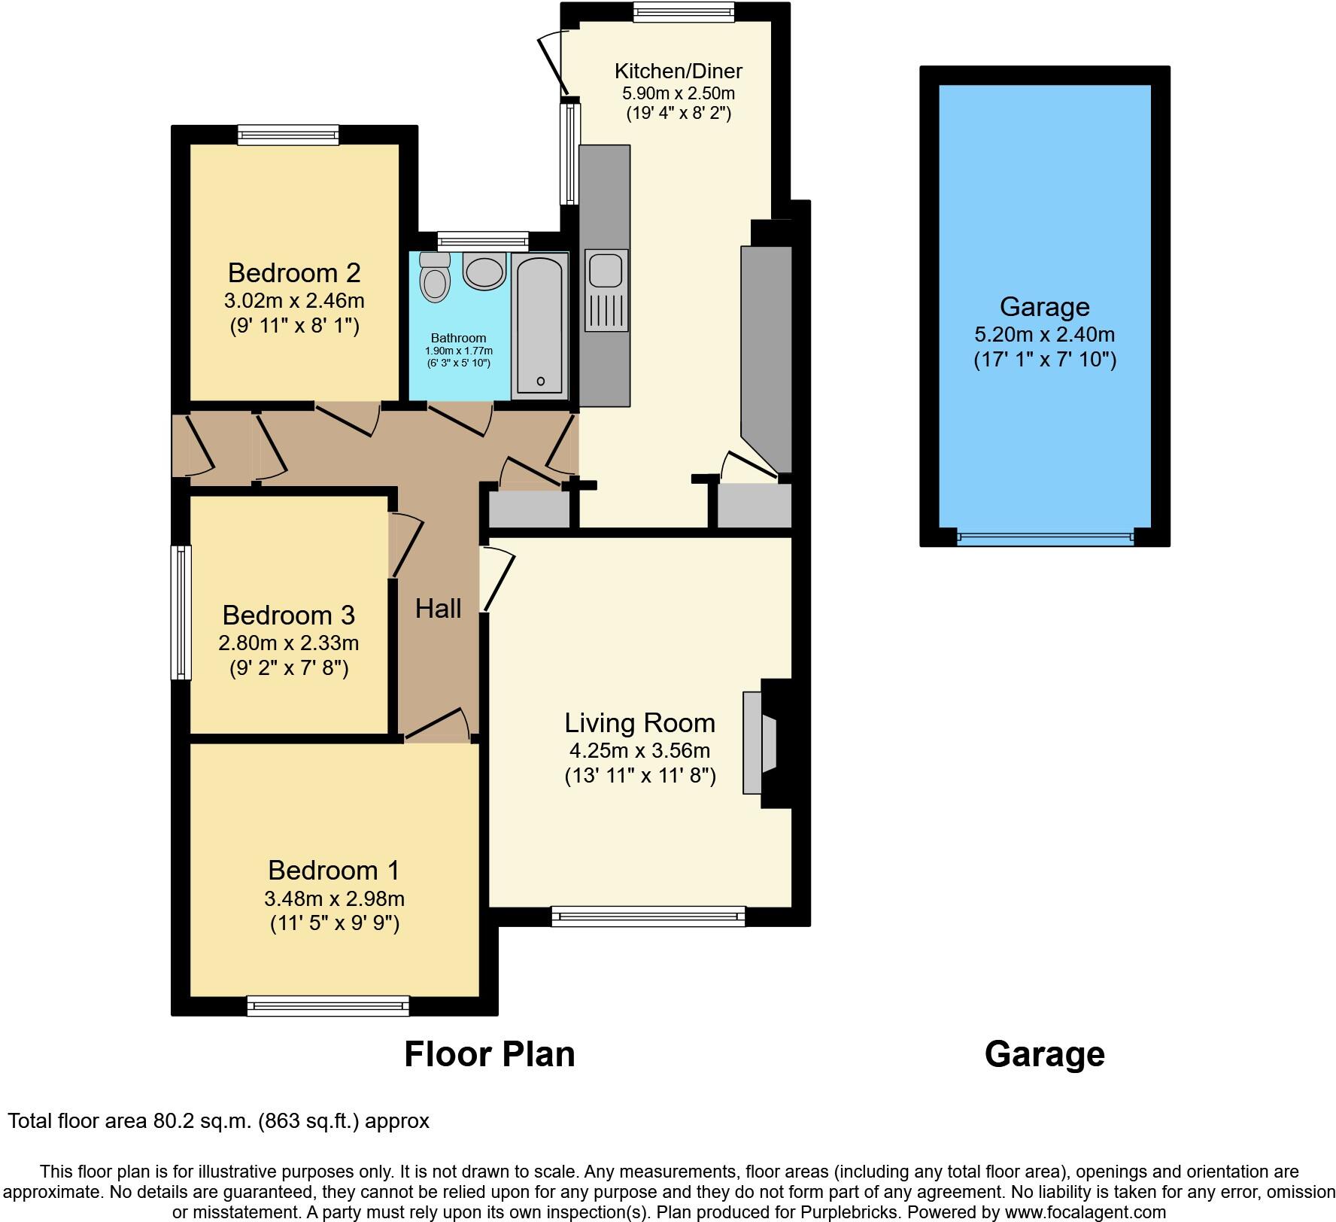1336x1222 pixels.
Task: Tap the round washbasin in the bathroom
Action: pyautogui.click(x=484, y=271)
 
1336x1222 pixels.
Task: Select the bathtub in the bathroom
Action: pyautogui.click(x=540, y=325)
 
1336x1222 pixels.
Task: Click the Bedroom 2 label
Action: pyautogui.click(x=294, y=272)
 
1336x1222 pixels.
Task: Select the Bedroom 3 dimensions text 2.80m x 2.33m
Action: pyautogui.click(x=288, y=643)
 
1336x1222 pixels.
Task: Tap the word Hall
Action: pyautogui.click(x=438, y=609)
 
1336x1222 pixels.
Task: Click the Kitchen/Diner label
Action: pyautogui.click(x=678, y=71)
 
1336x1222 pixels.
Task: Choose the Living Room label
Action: pyautogui.click(x=639, y=723)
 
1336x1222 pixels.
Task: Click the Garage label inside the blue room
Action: pyautogui.click(x=1044, y=307)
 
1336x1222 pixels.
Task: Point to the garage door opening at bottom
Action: pyautogui.click(x=1044, y=537)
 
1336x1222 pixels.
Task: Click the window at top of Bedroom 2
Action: pyautogui.click(x=288, y=135)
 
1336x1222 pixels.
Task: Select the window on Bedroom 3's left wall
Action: pyautogui.click(x=181, y=612)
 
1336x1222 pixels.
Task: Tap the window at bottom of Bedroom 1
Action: pyautogui.click(x=328, y=1005)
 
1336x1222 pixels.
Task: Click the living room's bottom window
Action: pyautogui.click(x=648, y=916)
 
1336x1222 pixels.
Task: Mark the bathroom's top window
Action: pyautogui.click(x=483, y=241)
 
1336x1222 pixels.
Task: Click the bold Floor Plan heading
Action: pyautogui.click(x=490, y=1054)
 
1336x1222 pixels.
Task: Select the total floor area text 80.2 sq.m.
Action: pyautogui.click(x=218, y=1121)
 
